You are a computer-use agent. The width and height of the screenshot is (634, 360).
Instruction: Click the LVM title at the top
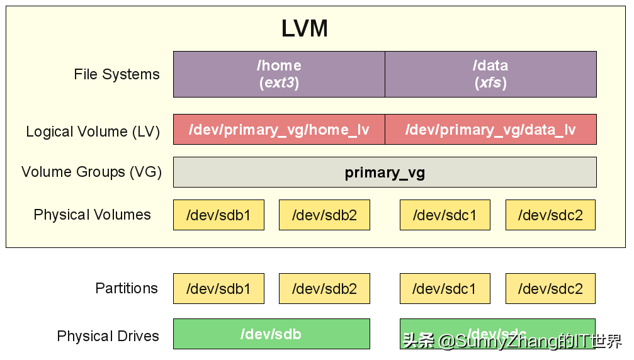304,29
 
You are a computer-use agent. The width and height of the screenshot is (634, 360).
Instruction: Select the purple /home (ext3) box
279,74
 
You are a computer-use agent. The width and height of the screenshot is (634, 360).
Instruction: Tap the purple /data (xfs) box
490,74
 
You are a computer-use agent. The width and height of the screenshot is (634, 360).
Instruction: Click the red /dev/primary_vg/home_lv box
279,130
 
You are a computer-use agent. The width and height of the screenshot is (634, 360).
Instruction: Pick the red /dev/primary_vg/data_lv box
490,130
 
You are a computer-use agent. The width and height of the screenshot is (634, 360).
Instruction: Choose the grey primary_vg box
385,172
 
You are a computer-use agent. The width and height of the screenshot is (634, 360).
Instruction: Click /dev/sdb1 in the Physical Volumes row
218,215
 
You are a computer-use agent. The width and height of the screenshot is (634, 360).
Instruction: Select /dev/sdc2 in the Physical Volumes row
550,215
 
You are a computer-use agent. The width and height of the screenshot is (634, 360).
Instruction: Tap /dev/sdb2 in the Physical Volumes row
324,215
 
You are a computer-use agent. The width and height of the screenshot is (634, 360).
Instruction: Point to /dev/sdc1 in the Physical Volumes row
444,215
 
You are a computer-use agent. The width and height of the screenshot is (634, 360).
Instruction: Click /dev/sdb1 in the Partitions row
218,289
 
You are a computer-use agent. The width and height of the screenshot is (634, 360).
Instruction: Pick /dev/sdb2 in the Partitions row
324,289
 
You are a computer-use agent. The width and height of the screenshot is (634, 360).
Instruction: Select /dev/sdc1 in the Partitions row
444,289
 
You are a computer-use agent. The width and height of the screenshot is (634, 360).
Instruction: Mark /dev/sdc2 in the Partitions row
550,289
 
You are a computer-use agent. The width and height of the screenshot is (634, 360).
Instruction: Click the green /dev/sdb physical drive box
271,334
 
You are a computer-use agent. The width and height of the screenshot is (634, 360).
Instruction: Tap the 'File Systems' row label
116,74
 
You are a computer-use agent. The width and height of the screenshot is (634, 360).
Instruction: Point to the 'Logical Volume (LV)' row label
93,132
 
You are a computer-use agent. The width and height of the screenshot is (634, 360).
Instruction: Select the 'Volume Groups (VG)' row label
91,172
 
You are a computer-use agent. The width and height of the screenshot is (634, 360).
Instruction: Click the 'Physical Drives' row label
108,336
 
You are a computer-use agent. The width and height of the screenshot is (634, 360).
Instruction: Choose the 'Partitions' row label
127,288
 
